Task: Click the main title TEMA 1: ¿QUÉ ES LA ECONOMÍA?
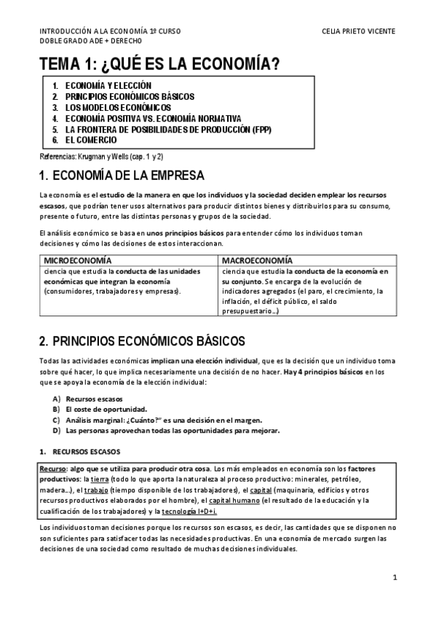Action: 159,65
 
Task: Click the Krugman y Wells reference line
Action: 100,157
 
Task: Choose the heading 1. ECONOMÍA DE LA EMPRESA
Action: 122,176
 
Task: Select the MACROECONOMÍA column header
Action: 257,260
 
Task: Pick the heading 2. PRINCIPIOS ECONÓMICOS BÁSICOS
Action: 142,340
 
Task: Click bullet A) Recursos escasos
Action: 94,399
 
